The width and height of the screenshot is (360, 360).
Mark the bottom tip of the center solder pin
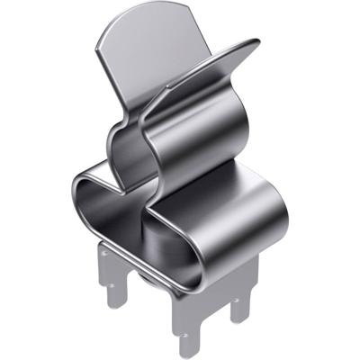click(x=186, y=351)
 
